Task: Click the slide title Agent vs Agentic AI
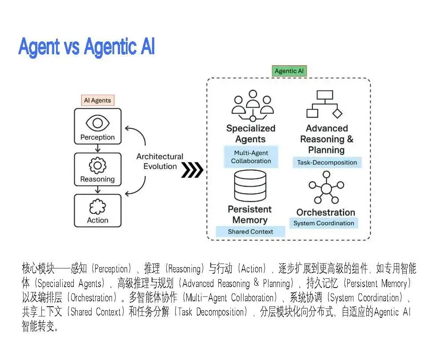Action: (x=86, y=47)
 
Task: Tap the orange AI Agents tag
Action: (x=98, y=100)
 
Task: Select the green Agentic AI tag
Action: (x=289, y=71)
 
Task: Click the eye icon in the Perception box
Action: (x=97, y=122)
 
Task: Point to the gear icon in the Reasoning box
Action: (x=97, y=165)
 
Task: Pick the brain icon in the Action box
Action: (x=97, y=207)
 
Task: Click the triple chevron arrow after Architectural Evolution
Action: (x=192, y=170)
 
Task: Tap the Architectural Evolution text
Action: (x=160, y=161)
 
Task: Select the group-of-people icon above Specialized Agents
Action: (x=253, y=106)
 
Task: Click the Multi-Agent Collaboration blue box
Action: (x=251, y=157)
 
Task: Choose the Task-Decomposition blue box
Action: (x=327, y=163)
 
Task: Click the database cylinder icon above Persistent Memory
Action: (x=249, y=187)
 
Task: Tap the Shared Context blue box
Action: (x=250, y=232)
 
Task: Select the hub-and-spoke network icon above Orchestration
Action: (x=326, y=188)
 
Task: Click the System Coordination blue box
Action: (x=324, y=223)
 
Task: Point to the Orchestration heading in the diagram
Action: (x=325, y=212)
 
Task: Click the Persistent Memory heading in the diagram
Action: (x=249, y=214)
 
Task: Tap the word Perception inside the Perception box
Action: (x=97, y=137)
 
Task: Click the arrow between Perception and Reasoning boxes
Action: (x=97, y=149)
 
